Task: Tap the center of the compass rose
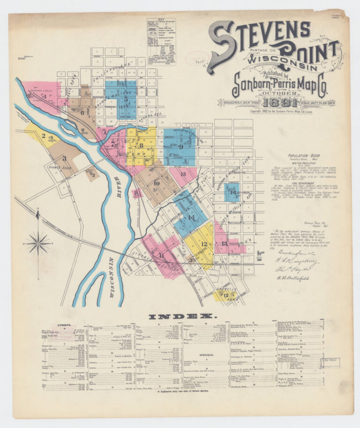coord(38,243)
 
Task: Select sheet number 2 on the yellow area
coord(43,136)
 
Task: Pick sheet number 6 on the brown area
coord(82,112)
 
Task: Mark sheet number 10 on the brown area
coord(157,183)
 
